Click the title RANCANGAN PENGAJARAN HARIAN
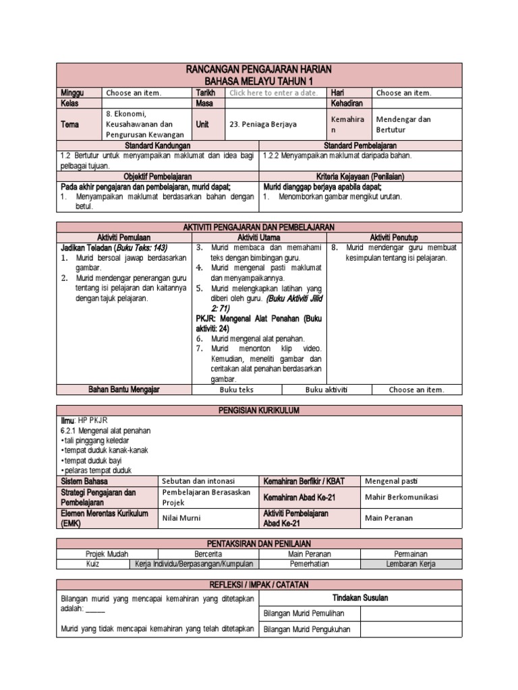259,70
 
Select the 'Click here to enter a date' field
273,93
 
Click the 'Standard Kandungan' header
158,145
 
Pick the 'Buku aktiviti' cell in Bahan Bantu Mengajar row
327,389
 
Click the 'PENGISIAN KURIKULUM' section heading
259,410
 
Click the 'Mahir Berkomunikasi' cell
401,497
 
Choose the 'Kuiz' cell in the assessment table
92,564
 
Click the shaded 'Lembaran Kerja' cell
411,564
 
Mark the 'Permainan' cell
411,554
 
